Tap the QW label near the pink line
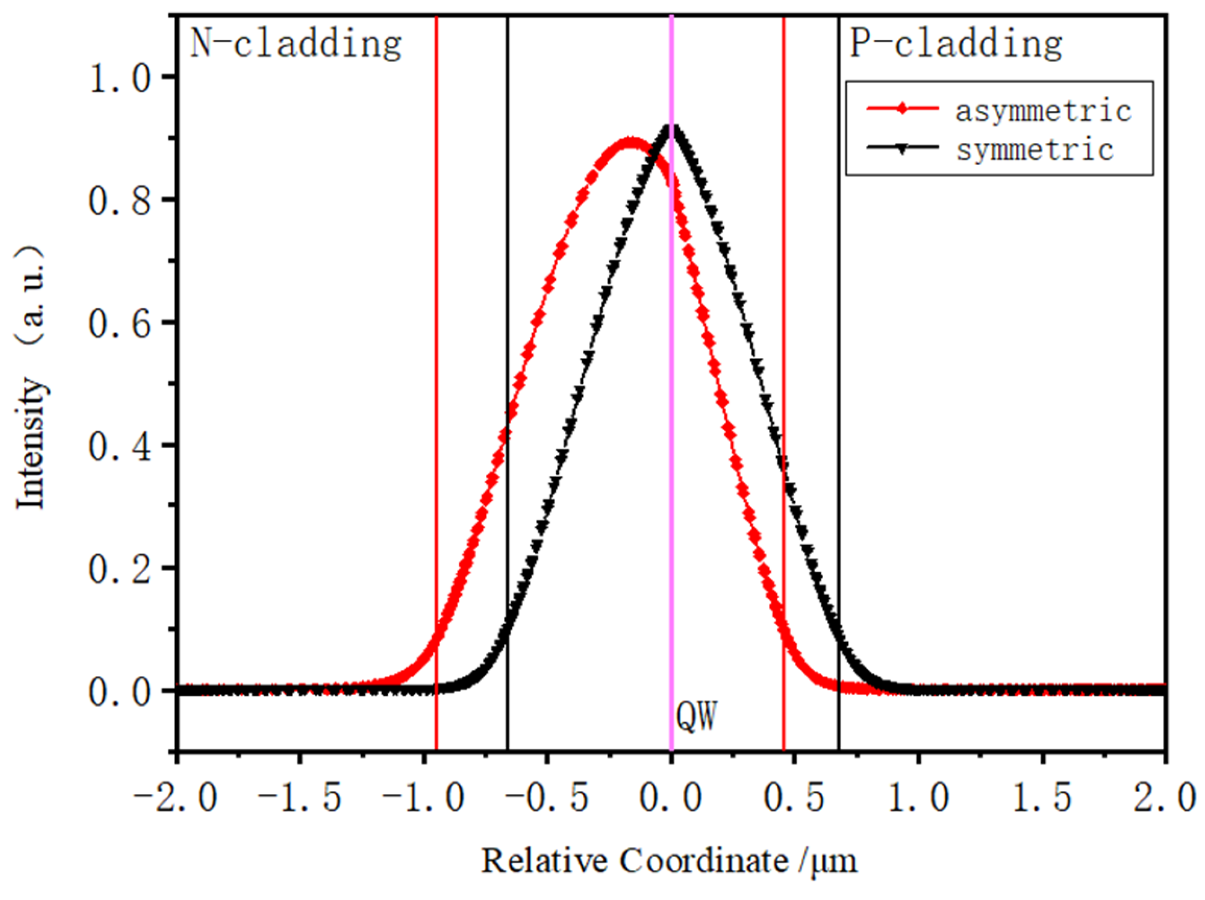point(696,716)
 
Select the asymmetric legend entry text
point(1043,111)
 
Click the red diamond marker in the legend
point(902,109)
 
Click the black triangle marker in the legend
point(902,148)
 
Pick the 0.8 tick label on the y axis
point(119,200)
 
